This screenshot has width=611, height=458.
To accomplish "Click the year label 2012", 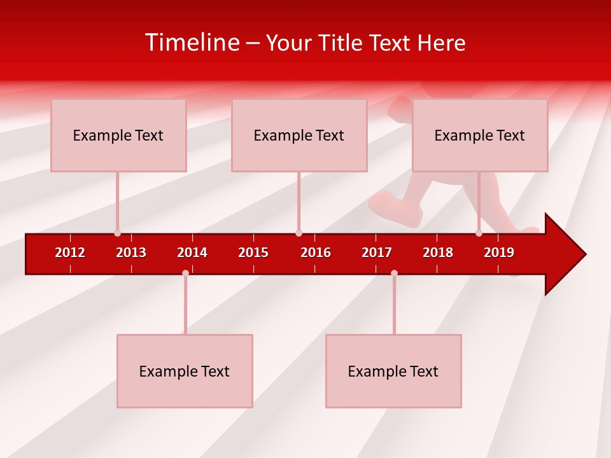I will click(x=70, y=253).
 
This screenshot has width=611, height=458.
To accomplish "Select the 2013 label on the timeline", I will click(x=131, y=253).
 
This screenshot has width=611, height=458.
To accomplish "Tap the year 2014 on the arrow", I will click(x=192, y=253).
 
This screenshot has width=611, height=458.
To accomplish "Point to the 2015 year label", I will click(x=253, y=253).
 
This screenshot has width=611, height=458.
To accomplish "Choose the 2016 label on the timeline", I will click(x=316, y=253).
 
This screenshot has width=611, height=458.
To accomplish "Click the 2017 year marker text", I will click(x=377, y=253).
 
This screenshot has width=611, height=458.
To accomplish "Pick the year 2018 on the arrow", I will click(x=438, y=253).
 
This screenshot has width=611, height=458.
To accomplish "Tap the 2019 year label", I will click(x=499, y=253).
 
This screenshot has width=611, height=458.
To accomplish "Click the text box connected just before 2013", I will click(x=118, y=135).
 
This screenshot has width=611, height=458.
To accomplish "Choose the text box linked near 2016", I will click(x=299, y=135).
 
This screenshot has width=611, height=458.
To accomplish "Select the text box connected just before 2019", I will click(x=480, y=135).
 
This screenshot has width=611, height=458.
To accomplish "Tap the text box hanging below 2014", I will click(x=185, y=371).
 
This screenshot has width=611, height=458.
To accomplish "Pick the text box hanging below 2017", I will click(x=393, y=371).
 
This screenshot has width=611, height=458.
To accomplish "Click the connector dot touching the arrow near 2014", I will click(x=185, y=273).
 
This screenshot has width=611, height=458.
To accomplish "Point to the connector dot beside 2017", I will click(x=394, y=273).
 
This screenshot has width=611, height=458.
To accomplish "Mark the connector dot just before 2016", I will click(x=298, y=233).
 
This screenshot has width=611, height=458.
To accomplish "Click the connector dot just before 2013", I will click(x=117, y=233).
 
